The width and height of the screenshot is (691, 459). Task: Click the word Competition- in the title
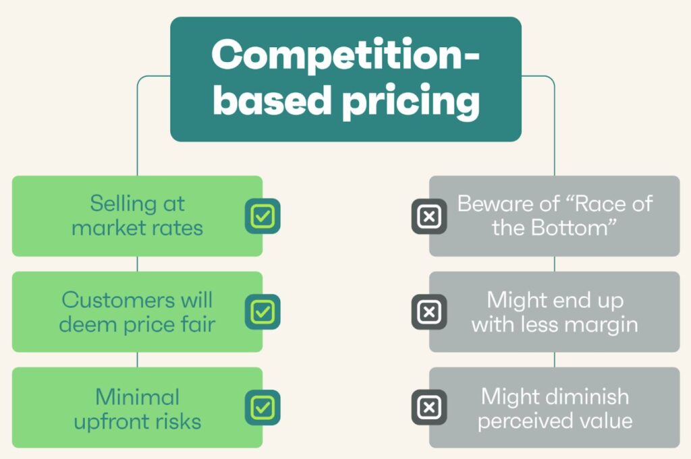[x=345, y=55]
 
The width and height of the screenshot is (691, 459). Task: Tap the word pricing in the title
[x=411, y=101]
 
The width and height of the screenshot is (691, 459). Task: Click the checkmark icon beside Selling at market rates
[x=262, y=216]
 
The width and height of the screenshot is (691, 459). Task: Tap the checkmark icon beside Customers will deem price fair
[x=262, y=311]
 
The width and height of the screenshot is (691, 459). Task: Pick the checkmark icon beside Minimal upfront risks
[x=262, y=407]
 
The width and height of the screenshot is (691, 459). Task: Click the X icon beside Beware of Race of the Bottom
[x=429, y=216]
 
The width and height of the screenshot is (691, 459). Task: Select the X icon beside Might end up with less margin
[x=429, y=311]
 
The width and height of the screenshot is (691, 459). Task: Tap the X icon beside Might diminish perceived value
[x=429, y=407]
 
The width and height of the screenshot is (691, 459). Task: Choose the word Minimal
[x=138, y=396]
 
